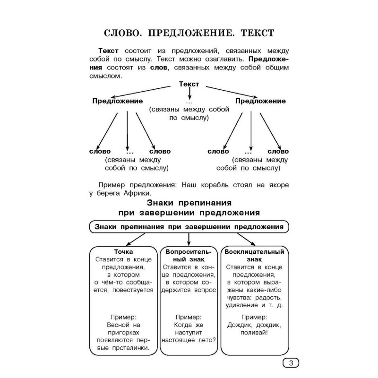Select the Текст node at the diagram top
pos(189,84)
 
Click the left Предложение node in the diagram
pos(118,101)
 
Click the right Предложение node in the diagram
pos(260,101)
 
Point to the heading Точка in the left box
pos(123,252)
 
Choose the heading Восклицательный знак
pos(254,256)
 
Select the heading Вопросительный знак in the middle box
pos(189,256)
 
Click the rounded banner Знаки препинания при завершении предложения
pos(189,227)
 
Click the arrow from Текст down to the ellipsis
pos(189,94)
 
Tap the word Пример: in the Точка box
pos(123,317)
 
